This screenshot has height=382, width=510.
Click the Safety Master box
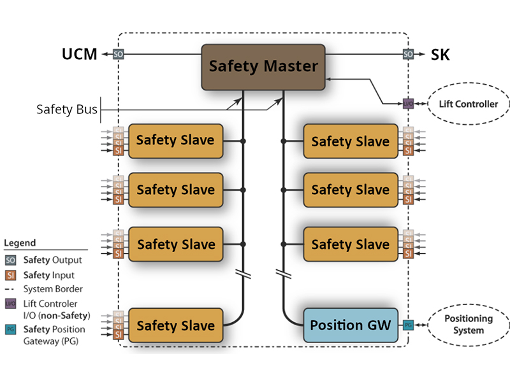click(263, 66)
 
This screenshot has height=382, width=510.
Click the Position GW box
click(350, 325)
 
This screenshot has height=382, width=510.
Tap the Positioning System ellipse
click(469, 325)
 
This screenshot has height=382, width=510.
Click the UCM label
click(80, 55)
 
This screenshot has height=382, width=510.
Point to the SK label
click(441, 55)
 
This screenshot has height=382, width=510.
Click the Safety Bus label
click(67, 110)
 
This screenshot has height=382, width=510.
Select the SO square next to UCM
click(118, 55)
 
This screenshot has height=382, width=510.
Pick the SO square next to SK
click(408, 55)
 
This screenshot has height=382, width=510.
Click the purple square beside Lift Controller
click(408, 103)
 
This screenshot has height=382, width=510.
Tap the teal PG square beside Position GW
click(408, 325)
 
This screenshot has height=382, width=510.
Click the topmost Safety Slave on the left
click(175, 140)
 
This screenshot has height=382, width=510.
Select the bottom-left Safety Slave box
click(175, 325)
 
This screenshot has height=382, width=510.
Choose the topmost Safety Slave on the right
click(350, 141)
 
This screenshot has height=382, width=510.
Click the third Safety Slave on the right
click(350, 244)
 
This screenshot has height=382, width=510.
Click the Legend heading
click(20, 243)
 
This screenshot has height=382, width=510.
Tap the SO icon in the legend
click(11, 260)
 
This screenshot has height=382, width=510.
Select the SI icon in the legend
click(11, 275)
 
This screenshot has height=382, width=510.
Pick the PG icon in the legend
click(11, 330)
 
